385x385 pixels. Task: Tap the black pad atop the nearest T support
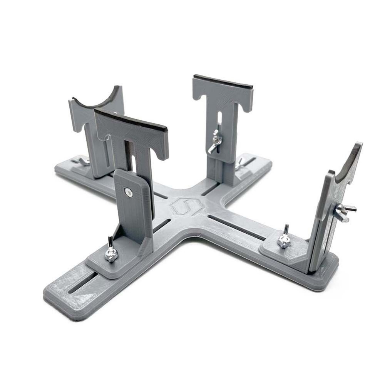click(131, 120)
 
